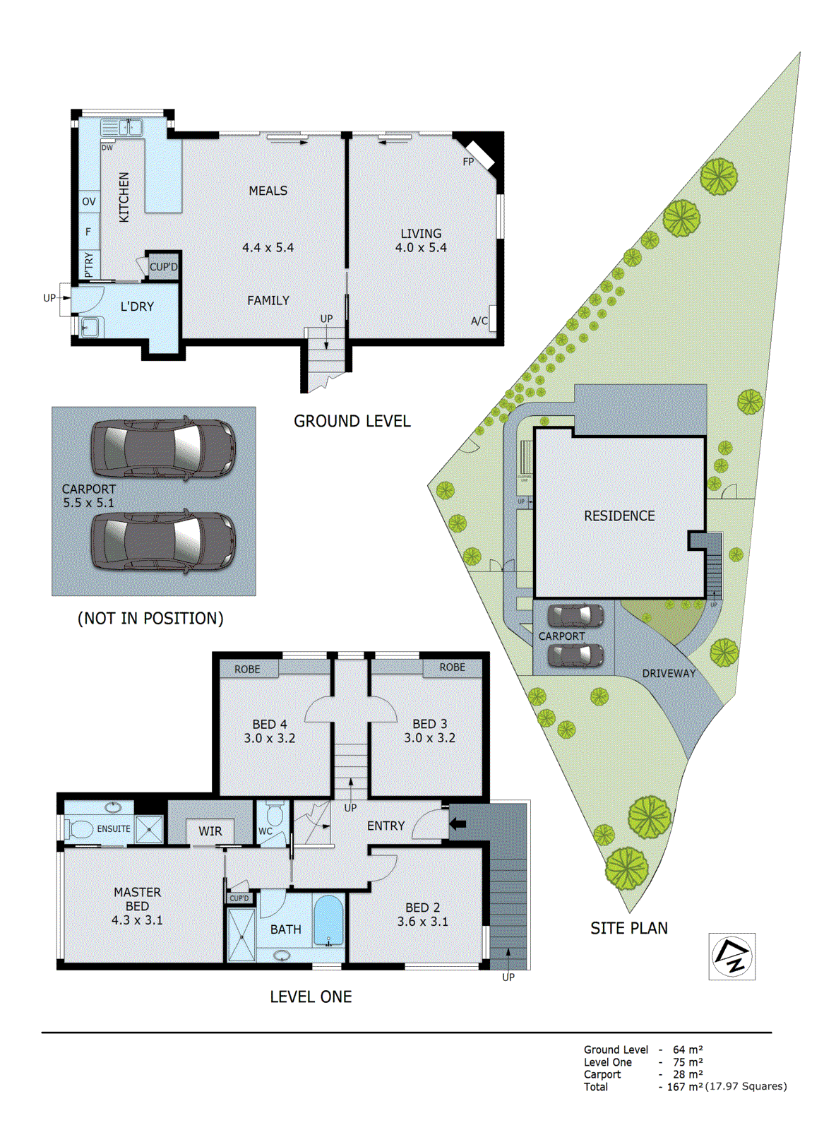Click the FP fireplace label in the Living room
coord(468,162)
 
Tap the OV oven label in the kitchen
coord(88,201)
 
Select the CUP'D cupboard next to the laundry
coord(164,267)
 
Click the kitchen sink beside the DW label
coord(121,128)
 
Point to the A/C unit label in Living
coord(479,321)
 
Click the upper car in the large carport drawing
coord(163,448)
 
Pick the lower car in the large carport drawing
coord(163,541)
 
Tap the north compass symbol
coord(732,956)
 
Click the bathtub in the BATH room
coord(328,920)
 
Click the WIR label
coord(210,831)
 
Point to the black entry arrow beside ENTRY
coord(458,823)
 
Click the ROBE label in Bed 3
coord(452,667)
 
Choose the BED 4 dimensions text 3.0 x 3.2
coord(270,738)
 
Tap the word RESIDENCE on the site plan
coord(619,516)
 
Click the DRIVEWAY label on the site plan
coord(669,674)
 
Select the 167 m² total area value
coord(685,1087)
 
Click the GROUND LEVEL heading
coord(352,422)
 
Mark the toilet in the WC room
coord(275,816)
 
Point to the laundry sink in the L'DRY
coord(90,327)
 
